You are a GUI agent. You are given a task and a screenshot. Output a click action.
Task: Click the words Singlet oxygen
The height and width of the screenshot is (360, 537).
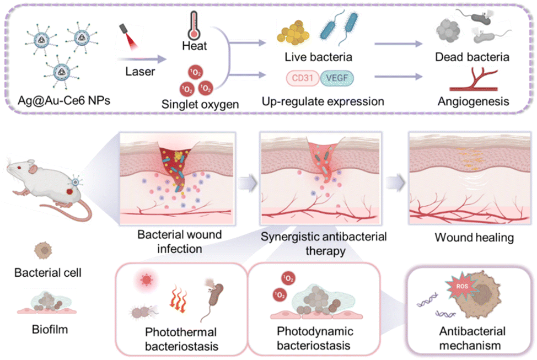click(195, 103)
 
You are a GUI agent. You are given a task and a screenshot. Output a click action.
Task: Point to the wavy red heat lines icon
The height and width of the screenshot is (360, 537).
click(178, 302)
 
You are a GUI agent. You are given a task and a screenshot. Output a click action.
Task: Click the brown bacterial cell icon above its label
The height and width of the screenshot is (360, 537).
click(43, 250)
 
